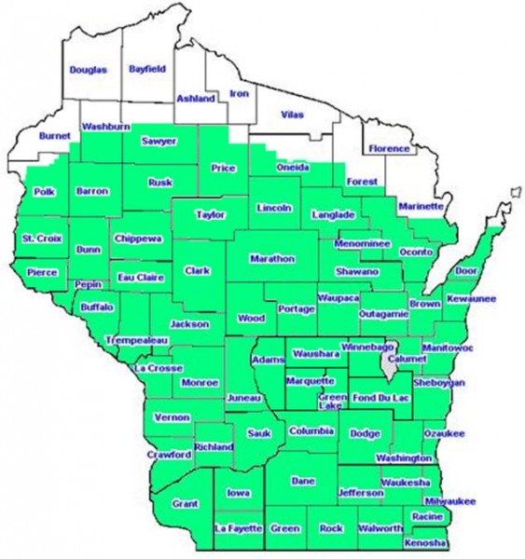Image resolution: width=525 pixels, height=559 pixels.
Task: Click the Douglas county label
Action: (x=89, y=70)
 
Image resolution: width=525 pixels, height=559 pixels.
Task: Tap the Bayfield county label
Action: (x=146, y=69)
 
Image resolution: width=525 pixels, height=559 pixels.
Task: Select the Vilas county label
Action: (x=292, y=114)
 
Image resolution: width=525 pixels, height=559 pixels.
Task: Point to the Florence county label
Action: (x=389, y=149)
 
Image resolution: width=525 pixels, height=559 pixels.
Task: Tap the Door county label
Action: (x=466, y=271)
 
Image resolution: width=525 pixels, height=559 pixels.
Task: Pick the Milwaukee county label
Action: (x=454, y=500)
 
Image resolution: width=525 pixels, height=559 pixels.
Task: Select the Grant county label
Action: (x=186, y=503)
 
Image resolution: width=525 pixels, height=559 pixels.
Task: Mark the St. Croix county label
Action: (x=42, y=239)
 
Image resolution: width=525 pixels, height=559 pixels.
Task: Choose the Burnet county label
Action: (x=55, y=136)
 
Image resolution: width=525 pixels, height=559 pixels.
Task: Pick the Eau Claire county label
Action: (x=141, y=278)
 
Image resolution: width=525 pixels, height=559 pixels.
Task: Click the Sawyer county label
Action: (x=159, y=142)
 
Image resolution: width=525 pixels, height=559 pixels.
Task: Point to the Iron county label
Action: (x=240, y=94)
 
